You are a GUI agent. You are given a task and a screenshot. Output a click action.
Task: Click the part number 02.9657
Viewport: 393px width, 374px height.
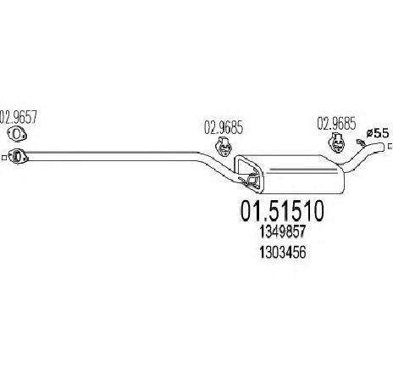click(x=19, y=117)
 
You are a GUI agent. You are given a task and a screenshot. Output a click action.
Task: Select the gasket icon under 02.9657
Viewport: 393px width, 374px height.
click(x=17, y=134)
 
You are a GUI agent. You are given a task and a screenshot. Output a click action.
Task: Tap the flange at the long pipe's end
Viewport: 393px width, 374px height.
click(x=18, y=156)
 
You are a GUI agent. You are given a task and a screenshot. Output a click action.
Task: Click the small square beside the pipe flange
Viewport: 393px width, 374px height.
click(x=4, y=158)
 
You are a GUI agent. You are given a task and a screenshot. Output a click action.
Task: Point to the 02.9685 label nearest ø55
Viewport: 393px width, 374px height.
click(x=336, y=124)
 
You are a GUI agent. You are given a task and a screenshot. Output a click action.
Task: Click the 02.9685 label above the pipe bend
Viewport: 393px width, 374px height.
click(x=224, y=127)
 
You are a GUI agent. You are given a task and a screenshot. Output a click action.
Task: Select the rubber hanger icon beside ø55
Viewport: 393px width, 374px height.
click(x=336, y=142)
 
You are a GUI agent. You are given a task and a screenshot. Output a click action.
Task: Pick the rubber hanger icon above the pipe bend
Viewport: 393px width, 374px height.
click(x=224, y=147)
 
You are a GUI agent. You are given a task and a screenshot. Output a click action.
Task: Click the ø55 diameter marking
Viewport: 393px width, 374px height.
click(x=377, y=133)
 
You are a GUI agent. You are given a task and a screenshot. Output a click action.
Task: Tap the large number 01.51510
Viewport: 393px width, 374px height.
click(x=282, y=211)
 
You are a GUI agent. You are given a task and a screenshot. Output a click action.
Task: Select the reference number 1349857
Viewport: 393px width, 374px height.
click(x=283, y=232)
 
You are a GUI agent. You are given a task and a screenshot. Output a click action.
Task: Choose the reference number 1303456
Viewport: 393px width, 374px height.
click(x=283, y=252)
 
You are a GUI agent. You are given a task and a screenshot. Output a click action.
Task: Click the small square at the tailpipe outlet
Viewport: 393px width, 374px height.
click(x=390, y=146)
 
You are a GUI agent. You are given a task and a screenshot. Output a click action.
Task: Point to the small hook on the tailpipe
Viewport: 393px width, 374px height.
click(x=360, y=142)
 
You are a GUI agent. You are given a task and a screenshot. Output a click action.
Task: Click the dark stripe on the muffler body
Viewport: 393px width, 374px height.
click(x=303, y=170)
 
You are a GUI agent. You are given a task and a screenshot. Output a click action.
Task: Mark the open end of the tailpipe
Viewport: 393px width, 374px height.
click(x=383, y=147)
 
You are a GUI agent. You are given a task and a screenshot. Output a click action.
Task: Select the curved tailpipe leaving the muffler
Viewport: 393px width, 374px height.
click(x=362, y=157)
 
